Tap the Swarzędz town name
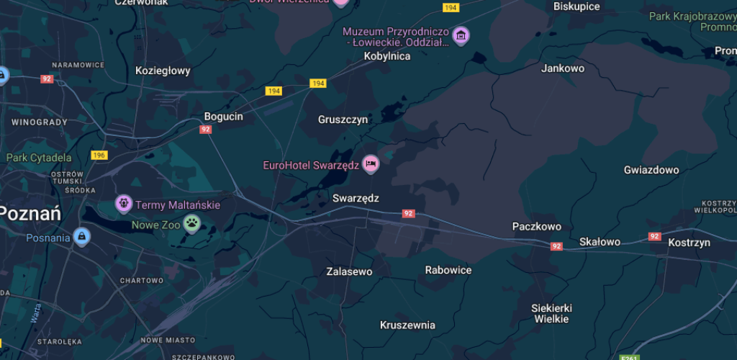(356, 198)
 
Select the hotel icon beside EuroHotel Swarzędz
(371, 164)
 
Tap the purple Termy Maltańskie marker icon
(124, 204)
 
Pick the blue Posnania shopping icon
(82, 237)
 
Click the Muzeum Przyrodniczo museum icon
(461, 35)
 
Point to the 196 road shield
(99, 156)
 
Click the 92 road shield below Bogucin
(206, 130)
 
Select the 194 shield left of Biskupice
(451, 7)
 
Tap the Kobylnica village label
(387, 56)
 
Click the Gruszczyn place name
(343, 120)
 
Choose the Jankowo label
(563, 68)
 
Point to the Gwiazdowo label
(651, 171)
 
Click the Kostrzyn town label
(689, 243)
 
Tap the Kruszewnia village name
(407, 325)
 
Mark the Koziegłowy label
(163, 71)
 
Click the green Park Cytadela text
(39, 158)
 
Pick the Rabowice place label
(448, 270)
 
